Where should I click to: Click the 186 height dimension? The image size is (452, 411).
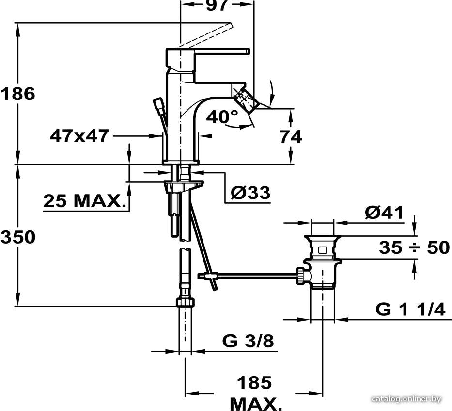pyautogui.click(x=18, y=94)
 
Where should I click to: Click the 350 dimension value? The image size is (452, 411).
pyautogui.click(x=18, y=237)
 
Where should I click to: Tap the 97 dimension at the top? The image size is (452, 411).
pyautogui.click(x=218, y=5)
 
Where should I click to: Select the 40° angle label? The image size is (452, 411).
pyautogui.click(x=222, y=116)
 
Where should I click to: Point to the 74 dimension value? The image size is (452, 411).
pyautogui.click(x=291, y=136)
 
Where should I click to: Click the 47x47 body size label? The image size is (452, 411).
pyautogui.click(x=79, y=135)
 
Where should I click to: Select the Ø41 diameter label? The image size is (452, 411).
pyautogui.click(x=384, y=213)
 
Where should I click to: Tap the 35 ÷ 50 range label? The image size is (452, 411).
pyautogui.click(x=414, y=247)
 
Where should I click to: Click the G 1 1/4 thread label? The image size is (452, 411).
pyautogui.click(x=411, y=310)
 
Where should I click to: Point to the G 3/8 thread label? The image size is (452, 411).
pyautogui.click(x=248, y=342)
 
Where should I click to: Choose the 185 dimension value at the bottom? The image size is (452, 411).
pyautogui.click(x=254, y=383)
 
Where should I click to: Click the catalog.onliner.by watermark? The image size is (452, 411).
pyautogui.click(x=406, y=399)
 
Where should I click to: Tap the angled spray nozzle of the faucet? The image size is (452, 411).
pyautogui.click(x=246, y=101)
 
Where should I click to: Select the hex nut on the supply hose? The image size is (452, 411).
pyautogui.click(x=185, y=302)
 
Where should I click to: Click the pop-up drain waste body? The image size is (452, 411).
pyautogui.click(x=323, y=262)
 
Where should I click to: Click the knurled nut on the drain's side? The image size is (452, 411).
pyautogui.click(x=300, y=276)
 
